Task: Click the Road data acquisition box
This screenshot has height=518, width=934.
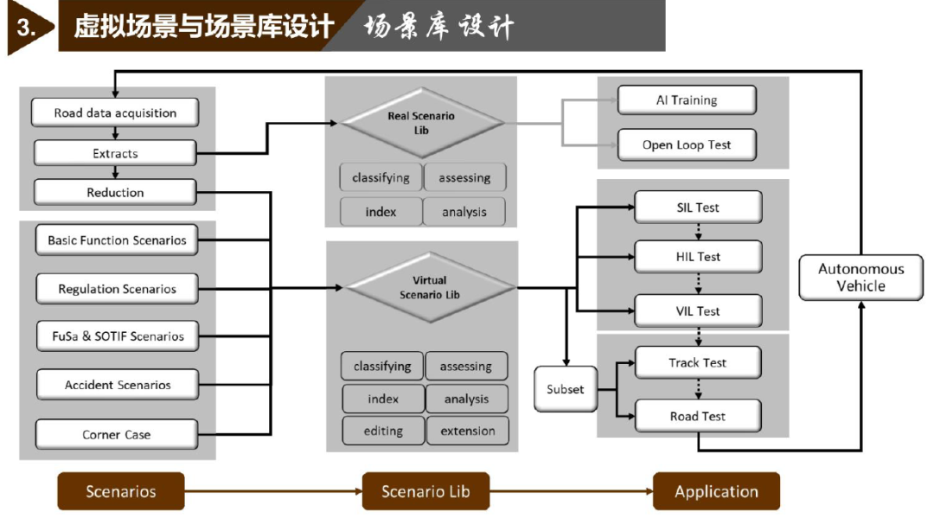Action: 115,112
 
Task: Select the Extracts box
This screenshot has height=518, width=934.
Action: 115,153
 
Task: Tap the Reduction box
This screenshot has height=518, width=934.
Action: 115,192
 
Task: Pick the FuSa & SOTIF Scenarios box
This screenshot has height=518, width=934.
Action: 118,336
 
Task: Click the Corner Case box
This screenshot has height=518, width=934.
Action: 117,434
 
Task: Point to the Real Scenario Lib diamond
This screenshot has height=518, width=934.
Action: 421,124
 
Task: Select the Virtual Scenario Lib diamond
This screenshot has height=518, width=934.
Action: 430,288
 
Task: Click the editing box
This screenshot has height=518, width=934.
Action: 383,431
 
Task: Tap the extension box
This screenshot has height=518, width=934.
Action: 468,431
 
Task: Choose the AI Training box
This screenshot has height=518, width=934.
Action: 687,100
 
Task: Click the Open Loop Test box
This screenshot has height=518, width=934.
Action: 687,144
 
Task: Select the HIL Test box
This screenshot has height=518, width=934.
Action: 698,257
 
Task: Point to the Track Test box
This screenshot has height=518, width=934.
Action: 698,362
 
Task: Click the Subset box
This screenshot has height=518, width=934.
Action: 566,389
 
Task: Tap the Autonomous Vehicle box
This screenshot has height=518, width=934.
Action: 860,278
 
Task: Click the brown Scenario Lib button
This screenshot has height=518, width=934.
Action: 425,491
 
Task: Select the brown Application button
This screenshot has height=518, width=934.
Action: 717,491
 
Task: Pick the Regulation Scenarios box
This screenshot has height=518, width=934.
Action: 118,289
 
